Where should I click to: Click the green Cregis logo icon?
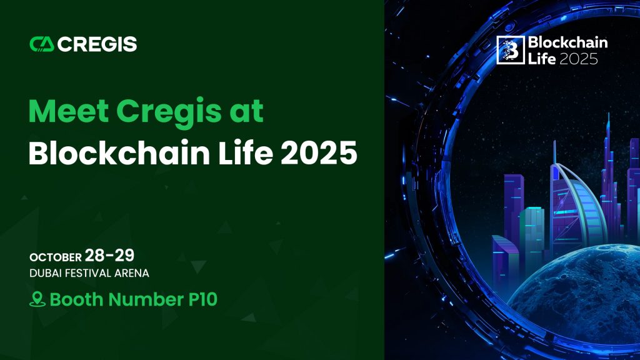pyautogui.click(x=42, y=44)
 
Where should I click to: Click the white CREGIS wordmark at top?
pyautogui.click(x=97, y=44)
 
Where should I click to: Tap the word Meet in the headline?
pyautogui.click(x=69, y=111)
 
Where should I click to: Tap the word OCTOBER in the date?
pyautogui.click(x=56, y=257)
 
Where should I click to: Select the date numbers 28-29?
pyautogui.click(x=109, y=256)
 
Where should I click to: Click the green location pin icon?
pyautogui.click(x=37, y=299)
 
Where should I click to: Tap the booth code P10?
pyautogui.click(x=203, y=299)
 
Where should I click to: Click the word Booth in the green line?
pyautogui.click(x=76, y=299)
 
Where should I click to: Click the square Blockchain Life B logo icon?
pyautogui.click(x=510, y=50)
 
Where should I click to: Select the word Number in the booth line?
pyautogui.click(x=146, y=299)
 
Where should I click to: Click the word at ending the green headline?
pyautogui.click(x=246, y=111)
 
